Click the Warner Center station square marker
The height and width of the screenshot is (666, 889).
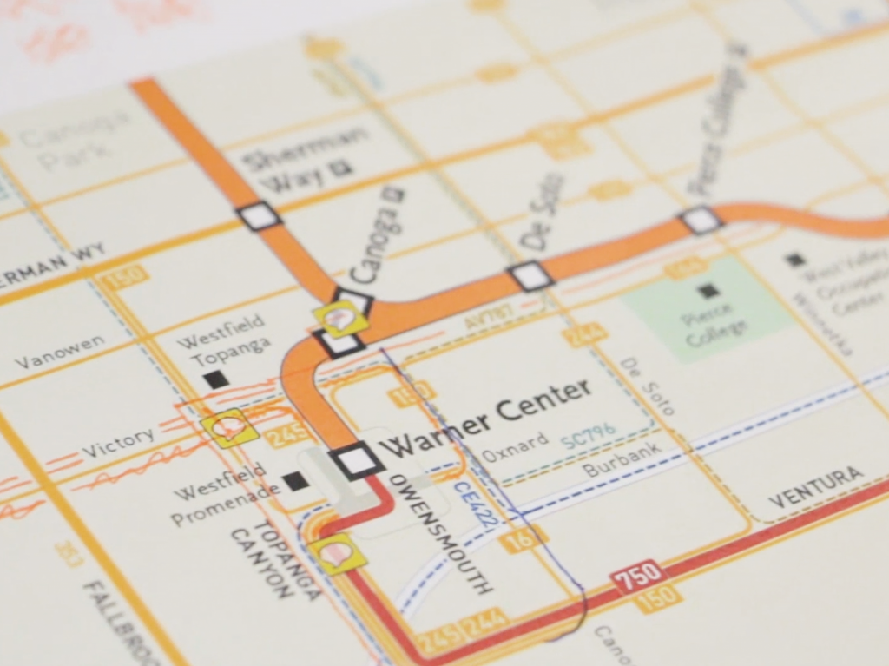(x=356, y=459)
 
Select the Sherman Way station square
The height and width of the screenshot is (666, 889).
(x=259, y=215)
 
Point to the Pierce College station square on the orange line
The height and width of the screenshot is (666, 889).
(x=700, y=220)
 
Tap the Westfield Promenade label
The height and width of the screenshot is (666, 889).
(x=227, y=503)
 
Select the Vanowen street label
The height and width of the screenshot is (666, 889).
(x=59, y=351)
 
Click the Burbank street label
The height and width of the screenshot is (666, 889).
(x=622, y=461)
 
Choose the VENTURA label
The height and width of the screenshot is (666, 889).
(x=816, y=487)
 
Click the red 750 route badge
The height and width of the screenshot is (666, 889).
(x=638, y=576)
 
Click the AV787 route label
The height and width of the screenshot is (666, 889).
(x=485, y=319)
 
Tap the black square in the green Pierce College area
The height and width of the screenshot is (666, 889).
(x=708, y=292)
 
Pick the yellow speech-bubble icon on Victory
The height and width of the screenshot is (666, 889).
(x=230, y=427)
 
